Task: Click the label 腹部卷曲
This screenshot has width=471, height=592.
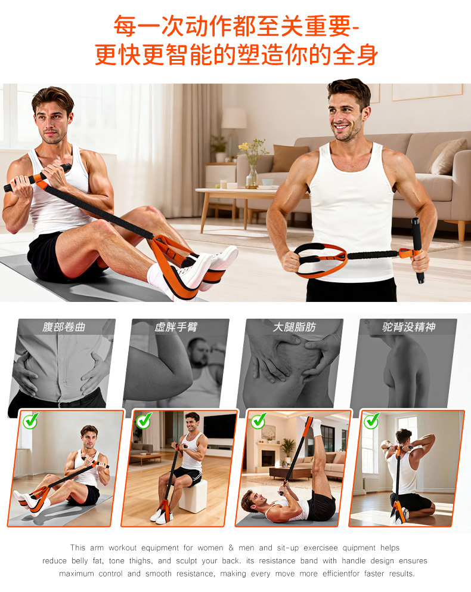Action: (64, 326)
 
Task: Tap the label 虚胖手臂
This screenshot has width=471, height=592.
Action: (176, 326)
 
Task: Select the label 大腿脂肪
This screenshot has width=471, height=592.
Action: (294, 326)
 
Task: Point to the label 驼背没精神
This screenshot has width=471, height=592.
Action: (409, 326)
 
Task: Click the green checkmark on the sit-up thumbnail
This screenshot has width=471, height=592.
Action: (30, 420)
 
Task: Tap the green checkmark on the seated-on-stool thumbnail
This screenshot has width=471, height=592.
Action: (144, 420)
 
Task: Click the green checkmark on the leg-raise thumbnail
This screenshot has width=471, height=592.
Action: (258, 420)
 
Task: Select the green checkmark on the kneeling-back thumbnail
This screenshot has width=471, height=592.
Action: (371, 420)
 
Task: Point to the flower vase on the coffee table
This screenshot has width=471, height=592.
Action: (252, 175)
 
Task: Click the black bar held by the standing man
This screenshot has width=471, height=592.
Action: (417, 250)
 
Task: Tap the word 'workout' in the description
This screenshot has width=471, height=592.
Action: (123, 548)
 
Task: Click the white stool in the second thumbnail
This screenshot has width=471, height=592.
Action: (193, 497)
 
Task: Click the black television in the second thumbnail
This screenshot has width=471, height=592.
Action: (219, 426)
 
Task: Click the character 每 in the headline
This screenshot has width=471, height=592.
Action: (125, 26)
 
